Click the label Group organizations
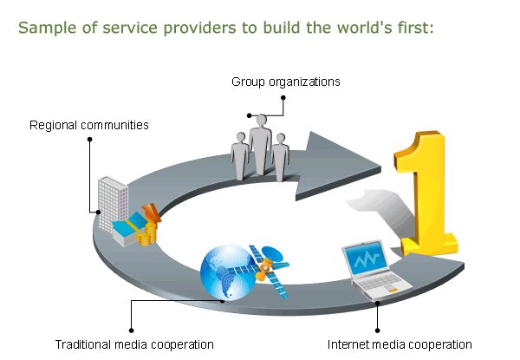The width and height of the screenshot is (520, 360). pos(285,82)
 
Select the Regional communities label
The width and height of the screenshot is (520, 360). pos(89,125)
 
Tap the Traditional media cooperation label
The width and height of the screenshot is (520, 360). pos(134,344)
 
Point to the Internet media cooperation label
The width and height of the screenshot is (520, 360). pos(400,344)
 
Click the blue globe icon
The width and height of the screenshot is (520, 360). pos(227,272)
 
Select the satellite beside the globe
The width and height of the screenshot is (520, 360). pos(270,270)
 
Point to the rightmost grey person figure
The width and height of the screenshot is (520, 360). pos(281,157)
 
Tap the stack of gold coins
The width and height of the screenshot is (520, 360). pos(148,234)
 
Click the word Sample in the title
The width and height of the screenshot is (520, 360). pos(48,28)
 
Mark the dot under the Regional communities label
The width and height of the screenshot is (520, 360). pos(89,140)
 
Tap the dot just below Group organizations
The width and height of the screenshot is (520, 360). pos(283,97)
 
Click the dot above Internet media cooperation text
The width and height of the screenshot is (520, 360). pos(377,331)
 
